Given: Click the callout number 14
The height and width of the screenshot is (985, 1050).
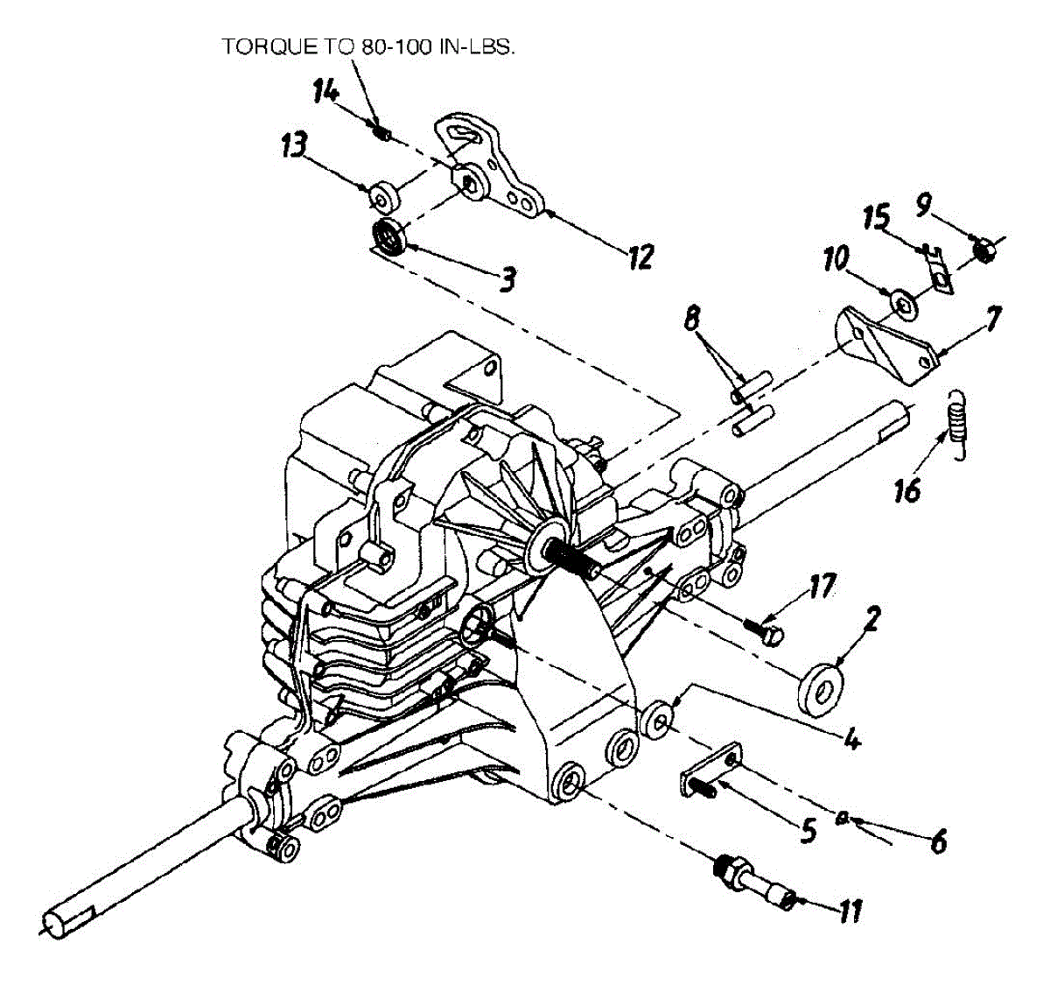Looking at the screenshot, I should tap(325, 89).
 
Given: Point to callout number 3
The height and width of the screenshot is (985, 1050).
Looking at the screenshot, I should tap(507, 278).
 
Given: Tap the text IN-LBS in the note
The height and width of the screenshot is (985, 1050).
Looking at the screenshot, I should tap(480, 46).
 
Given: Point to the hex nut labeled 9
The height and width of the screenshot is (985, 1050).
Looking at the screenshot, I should tap(982, 252).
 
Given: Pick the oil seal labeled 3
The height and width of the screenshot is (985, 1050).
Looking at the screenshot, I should tap(387, 237).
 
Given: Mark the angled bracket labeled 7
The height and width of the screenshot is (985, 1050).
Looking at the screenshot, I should tap(884, 343).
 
